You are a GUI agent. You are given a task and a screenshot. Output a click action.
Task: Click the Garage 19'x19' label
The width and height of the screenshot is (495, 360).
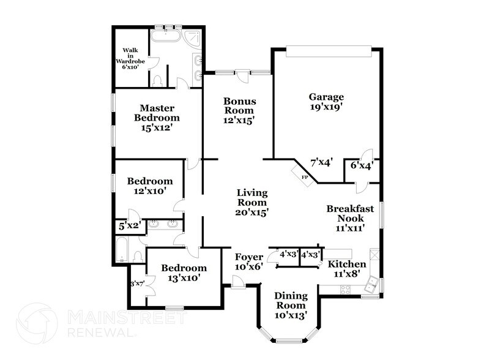pos(326,102)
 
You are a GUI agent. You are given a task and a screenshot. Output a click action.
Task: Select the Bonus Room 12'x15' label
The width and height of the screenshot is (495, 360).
pos(239,111)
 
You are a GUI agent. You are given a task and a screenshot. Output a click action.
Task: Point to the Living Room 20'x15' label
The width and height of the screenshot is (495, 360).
pos(251,202)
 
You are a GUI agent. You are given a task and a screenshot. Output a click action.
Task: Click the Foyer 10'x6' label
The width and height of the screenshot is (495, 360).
pos(249,261)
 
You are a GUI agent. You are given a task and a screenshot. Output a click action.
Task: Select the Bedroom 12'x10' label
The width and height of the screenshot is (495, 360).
pos(149,186)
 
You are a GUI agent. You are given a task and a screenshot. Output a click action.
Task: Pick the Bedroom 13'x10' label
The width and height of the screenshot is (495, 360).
pos(184,272)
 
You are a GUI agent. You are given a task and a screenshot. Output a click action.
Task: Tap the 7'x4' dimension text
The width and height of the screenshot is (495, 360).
pos(321,162)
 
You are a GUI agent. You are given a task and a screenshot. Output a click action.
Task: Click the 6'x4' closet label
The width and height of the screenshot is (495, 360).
pos(361,165)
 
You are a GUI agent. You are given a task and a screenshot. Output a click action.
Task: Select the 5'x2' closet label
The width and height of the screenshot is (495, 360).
pos(129,225)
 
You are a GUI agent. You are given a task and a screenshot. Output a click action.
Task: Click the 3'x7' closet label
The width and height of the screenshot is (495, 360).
pos(136,283)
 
